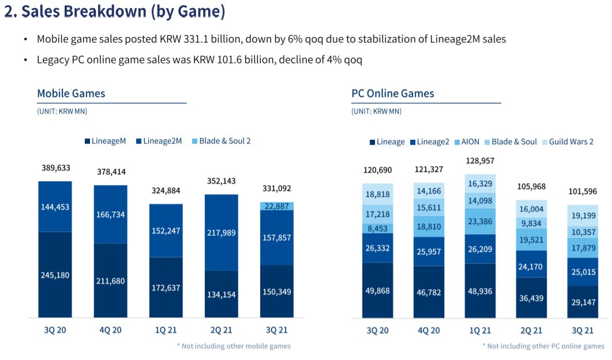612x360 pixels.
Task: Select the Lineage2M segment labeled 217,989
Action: (221, 232)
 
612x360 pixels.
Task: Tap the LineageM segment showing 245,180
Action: (55, 275)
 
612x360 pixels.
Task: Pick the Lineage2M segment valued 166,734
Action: (111, 214)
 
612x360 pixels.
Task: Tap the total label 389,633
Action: (55, 168)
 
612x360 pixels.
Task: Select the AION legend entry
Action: (466, 141)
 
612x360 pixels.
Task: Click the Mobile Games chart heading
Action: (71, 93)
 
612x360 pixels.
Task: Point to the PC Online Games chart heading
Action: (393, 93)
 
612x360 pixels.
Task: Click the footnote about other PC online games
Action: (543, 346)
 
